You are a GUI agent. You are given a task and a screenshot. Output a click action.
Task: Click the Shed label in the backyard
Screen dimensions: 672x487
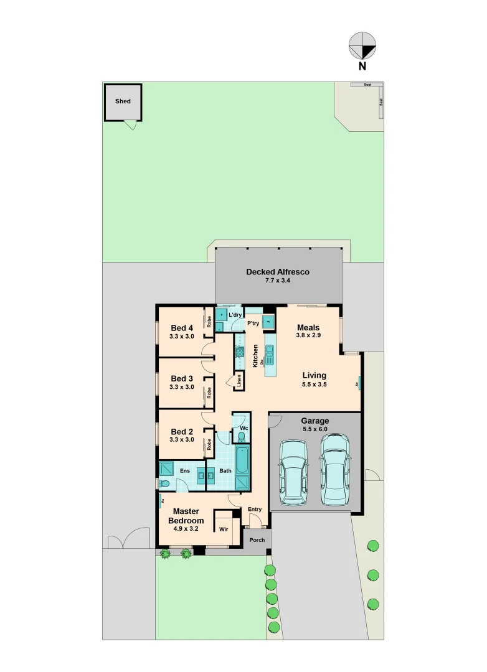pyautogui.click(x=123, y=101)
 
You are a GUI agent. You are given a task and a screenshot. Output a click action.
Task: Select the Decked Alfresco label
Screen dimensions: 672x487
pyautogui.click(x=277, y=272)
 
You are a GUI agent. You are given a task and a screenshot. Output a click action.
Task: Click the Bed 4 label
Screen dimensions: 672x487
pyautogui.click(x=182, y=328)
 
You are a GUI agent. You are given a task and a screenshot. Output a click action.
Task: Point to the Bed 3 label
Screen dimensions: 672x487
pyautogui.click(x=182, y=378)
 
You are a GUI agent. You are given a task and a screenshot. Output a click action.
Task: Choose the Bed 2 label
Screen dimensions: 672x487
pyautogui.click(x=182, y=431)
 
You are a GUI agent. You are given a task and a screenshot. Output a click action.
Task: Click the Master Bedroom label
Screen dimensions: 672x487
pyautogui.click(x=186, y=516)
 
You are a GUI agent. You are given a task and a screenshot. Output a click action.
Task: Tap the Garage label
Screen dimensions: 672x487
pyautogui.click(x=314, y=421)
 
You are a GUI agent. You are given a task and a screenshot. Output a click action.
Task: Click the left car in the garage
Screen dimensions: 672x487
pyautogui.click(x=292, y=472)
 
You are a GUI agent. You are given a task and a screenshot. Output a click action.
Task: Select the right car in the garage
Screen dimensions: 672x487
pyautogui.click(x=334, y=469)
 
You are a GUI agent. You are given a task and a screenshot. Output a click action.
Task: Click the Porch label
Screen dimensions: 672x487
pyautogui.click(x=257, y=540)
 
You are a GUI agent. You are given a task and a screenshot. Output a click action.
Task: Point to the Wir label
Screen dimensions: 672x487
pyautogui.click(x=223, y=530)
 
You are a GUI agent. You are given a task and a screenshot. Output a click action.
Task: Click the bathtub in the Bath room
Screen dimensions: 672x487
pyautogui.click(x=243, y=461)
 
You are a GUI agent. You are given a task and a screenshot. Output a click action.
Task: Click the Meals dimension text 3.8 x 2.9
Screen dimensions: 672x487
pyautogui.click(x=308, y=335)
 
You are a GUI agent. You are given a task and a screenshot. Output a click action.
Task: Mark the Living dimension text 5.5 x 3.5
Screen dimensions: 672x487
pyautogui.click(x=314, y=385)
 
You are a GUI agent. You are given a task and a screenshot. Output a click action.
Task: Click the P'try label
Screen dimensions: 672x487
pyautogui.click(x=253, y=324)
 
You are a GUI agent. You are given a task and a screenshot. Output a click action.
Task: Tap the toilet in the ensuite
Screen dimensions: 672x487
pyautogui.click(x=164, y=483)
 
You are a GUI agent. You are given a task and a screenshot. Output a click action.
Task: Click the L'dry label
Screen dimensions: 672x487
pyautogui.click(x=235, y=315)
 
